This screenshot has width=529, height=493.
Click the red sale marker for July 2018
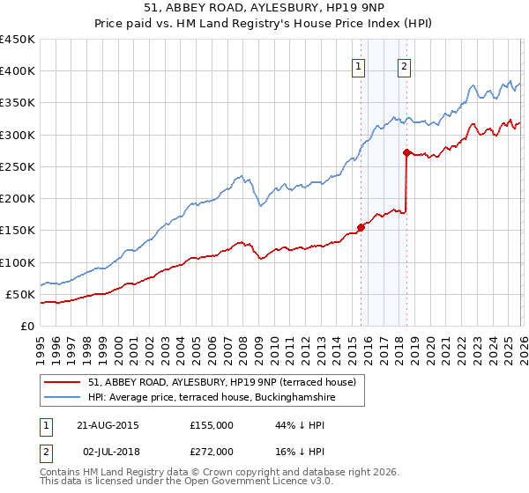click(406, 152)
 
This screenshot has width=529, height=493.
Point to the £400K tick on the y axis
click(18, 71)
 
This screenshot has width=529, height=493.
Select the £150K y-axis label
click(18, 231)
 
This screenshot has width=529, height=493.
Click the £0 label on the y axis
click(26, 327)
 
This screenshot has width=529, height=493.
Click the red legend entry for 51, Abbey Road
click(221, 382)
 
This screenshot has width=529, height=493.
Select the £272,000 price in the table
click(211, 451)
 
